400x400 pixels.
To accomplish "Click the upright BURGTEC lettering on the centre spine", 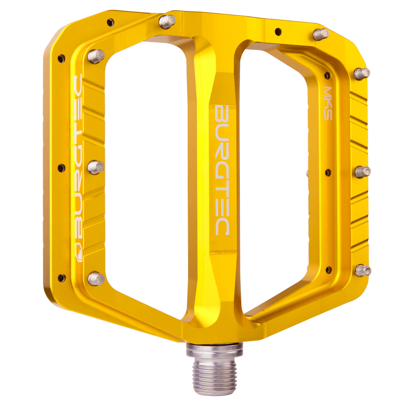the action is [x=222, y=170].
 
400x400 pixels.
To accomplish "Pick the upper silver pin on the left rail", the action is [x=96, y=57].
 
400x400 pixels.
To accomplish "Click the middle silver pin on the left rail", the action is [x=96, y=167].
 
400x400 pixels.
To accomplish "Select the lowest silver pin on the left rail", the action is [x=96, y=279].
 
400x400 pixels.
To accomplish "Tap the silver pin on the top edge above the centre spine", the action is [x=167, y=22].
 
